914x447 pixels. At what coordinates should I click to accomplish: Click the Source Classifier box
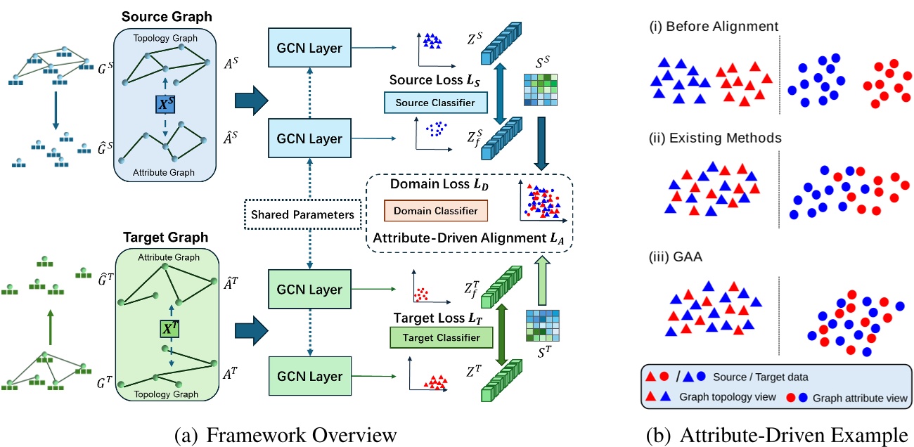point(430,103)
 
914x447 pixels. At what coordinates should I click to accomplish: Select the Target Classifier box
point(437,338)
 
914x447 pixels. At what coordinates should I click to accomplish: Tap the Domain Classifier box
point(435,210)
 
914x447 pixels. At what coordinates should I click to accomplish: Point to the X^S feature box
point(166,103)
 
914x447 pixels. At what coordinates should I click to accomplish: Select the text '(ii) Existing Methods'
point(714,138)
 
